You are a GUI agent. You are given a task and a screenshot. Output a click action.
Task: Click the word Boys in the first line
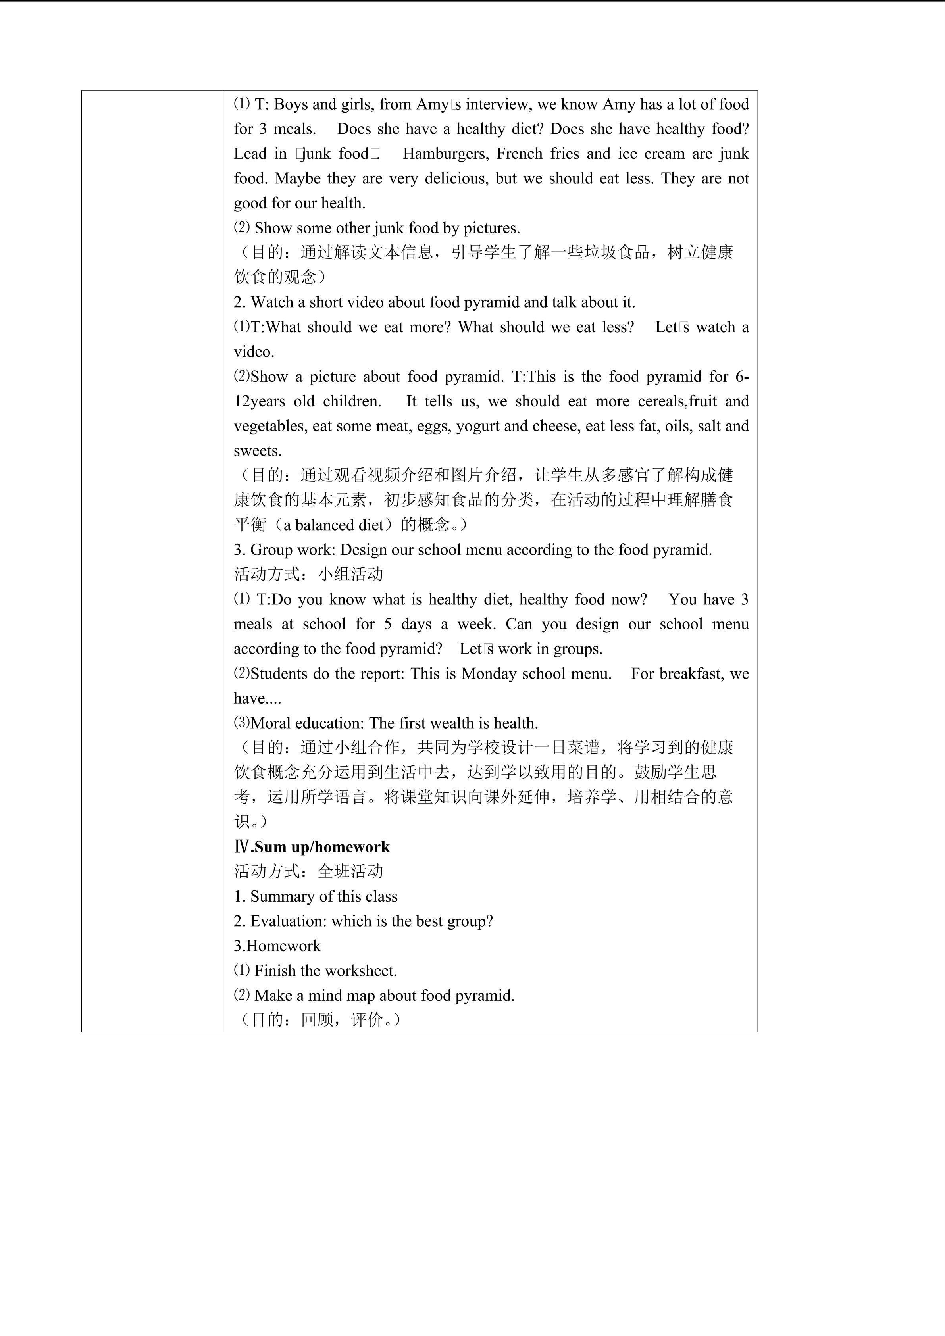click(x=291, y=104)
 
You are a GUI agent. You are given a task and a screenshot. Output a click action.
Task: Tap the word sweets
click(x=257, y=451)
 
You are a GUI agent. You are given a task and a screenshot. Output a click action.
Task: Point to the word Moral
click(x=271, y=723)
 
